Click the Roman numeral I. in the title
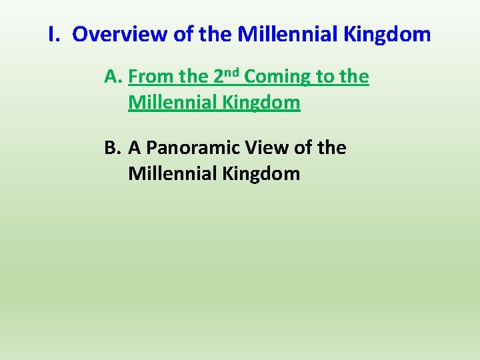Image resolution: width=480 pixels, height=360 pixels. pyautogui.click(x=55, y=34)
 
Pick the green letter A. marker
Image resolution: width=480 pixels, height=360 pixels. pyautogui.click(x=113, y=77)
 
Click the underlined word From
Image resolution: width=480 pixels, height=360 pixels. pyautogui.click(x=152, y=77)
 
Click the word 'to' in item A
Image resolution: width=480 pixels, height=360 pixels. pyautogui.click(x=326, y=77)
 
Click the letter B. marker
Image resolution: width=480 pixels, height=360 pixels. pyautogui.click(x=113, y=148)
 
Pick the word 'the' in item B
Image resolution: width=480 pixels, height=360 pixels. pyautogui.click(x=331, y=148)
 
